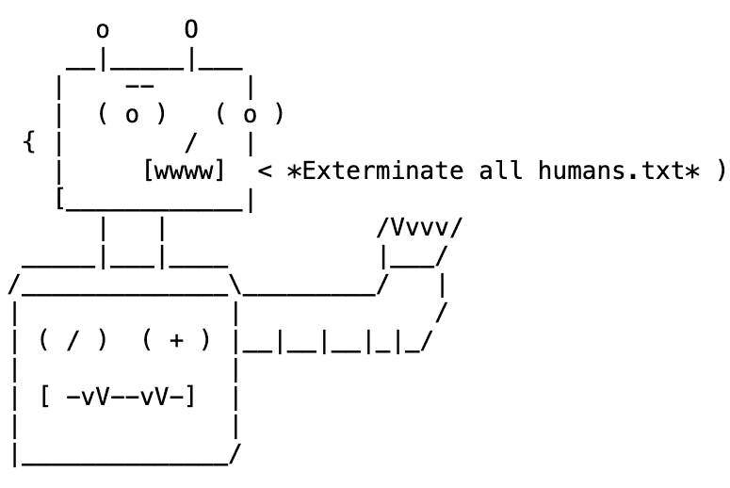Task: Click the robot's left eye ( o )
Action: click(132, 115)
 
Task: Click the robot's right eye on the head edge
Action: click(250, 115)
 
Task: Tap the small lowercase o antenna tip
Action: click(103, 31)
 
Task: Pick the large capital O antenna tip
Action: click(191, 29)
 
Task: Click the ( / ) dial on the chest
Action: click(73, 340)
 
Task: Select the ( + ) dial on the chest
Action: click(176, 340)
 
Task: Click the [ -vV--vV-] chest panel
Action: click(118, 396)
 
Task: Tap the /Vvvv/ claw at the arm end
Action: click(419, 228)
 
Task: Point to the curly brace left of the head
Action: click(29, 143)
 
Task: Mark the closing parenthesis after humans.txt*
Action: click(721, 171)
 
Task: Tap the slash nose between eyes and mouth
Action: click(191, 143)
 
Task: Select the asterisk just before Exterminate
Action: click(294, 171)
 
